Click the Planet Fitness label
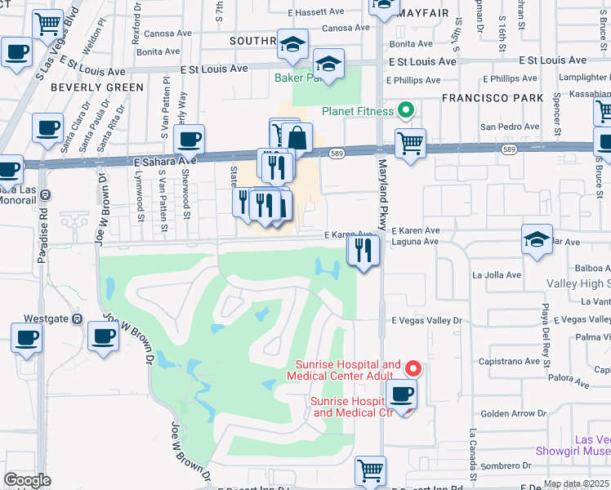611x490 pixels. point(356,111)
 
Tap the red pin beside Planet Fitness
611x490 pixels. point(404,110)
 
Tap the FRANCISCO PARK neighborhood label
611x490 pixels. point(492,97)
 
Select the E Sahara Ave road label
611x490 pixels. point(165,163)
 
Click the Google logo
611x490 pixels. point(27,480)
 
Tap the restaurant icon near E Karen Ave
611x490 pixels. point(363,251)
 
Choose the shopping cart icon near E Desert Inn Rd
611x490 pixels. point(370,470)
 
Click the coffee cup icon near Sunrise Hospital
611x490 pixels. point(401,395)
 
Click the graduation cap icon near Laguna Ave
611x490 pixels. point(537,240)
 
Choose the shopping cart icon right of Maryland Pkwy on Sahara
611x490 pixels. point(410,144)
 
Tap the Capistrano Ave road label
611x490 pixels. point(511,360)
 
